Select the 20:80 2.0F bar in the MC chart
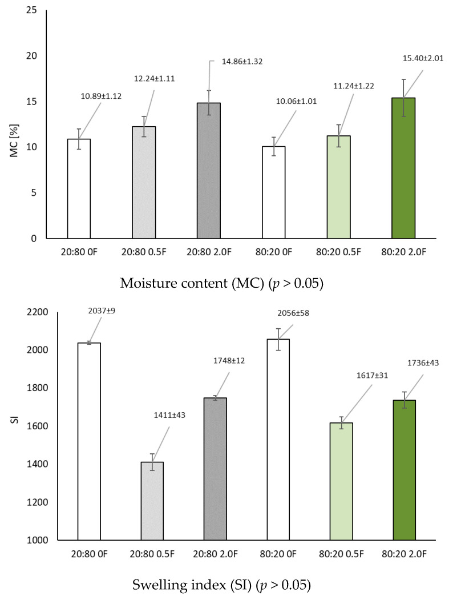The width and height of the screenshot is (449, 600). coord(208,171)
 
